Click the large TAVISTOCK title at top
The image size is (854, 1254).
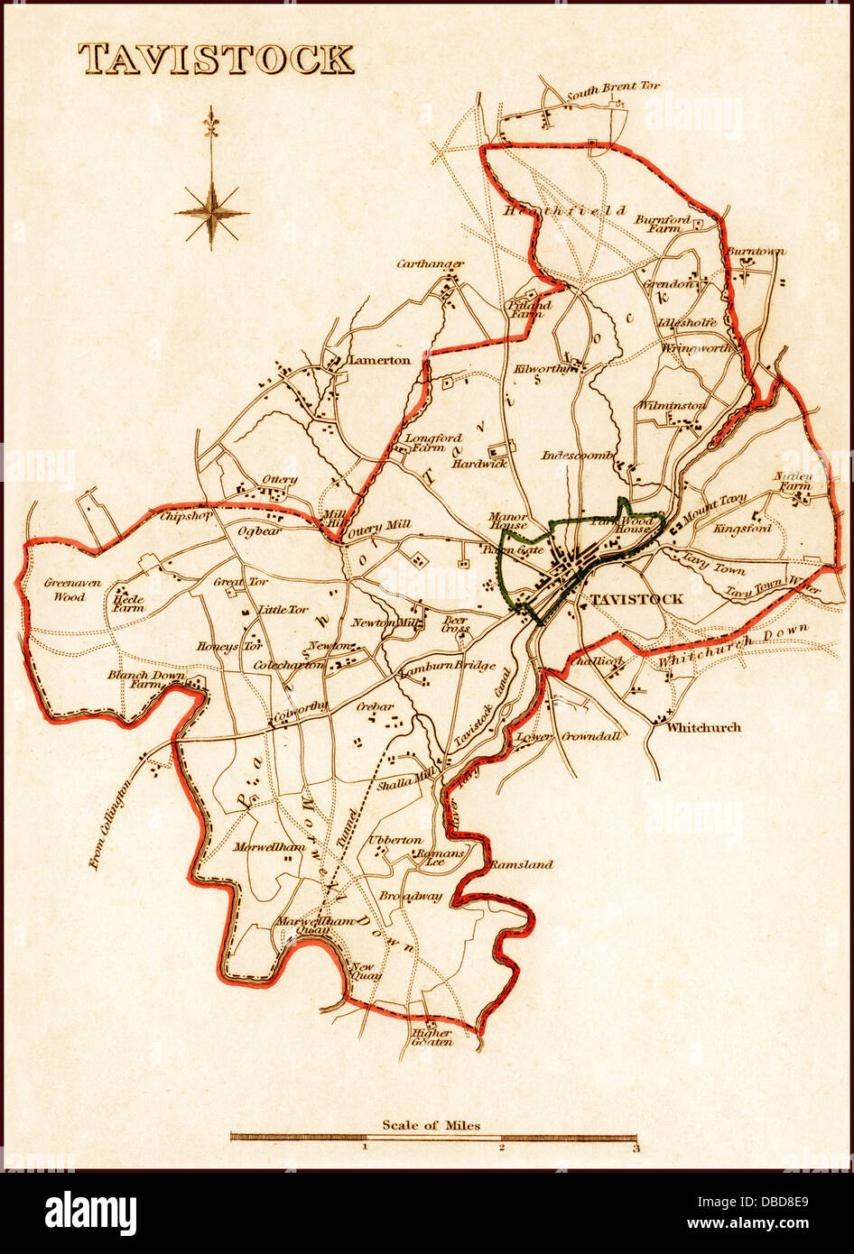pyautogui.click(x=216, y=60)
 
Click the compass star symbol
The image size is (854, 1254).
pyautogui.click(x=211, y=214)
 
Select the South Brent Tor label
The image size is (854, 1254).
pyautogui.click(x=613, y=88)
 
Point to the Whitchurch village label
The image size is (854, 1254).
pyautogui.click(x=703, y=727)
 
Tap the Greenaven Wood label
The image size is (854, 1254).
pyautogui.click(x=66, y=589)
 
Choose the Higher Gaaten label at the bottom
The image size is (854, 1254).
pyautogui.click(x=432, y=1037)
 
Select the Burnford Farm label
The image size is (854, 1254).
pyautogui.click(x=662, y=224)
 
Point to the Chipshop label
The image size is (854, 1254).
pyautogui.click(x=185, y=517)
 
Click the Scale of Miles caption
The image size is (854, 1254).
pyautogui.click(x=431, y=1124)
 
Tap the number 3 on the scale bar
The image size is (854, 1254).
pyautogui.click(x=636, y=1148)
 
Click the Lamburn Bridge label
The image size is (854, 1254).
pyautogui.click(x=448, y=667)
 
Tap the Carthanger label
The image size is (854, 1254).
pyautogui.click(x=430, y=264)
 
